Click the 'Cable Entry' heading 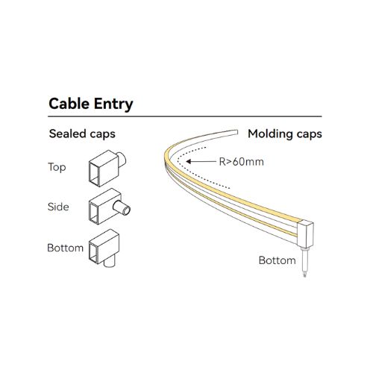coord(91,104)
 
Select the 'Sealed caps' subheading coord(82,134)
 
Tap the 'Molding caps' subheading coord(285,134)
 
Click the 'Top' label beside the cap coord(57,167)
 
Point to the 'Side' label coord(58,207)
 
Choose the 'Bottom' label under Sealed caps coord(65,248)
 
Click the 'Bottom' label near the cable coord(278,260)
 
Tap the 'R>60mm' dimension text coord(241,162)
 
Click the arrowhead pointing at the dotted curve coord(189,162)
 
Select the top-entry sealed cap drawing coord(107,169)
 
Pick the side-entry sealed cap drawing coord(109,207)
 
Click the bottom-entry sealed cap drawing coord(104,248)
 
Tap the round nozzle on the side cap coord(122,208)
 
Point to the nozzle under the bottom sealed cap coord(110,263)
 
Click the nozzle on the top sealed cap coord(122,160)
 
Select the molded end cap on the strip coord(305,234)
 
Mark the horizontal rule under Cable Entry coord(185,116)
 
